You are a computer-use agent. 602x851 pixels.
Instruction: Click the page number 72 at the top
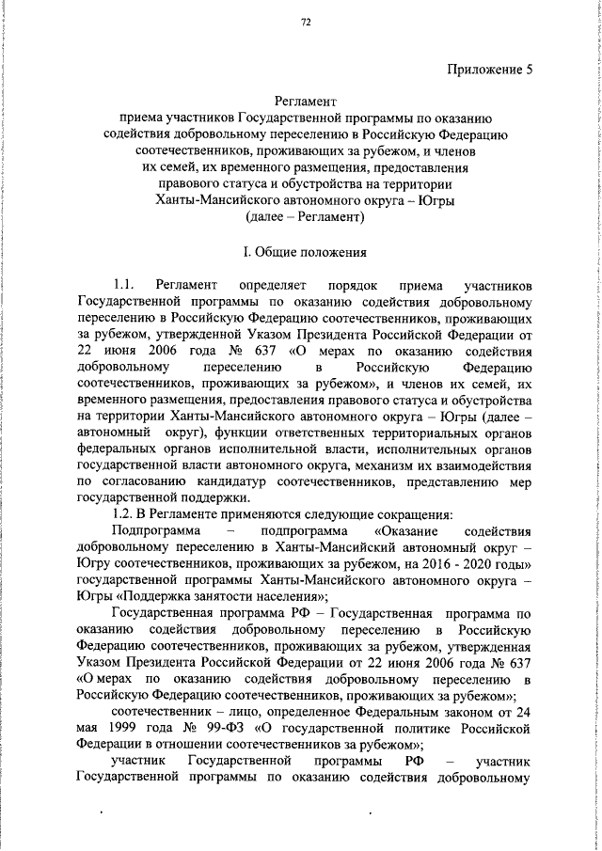tap(306, 23)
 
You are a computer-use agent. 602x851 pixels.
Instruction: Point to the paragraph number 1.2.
tap(124, 513)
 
